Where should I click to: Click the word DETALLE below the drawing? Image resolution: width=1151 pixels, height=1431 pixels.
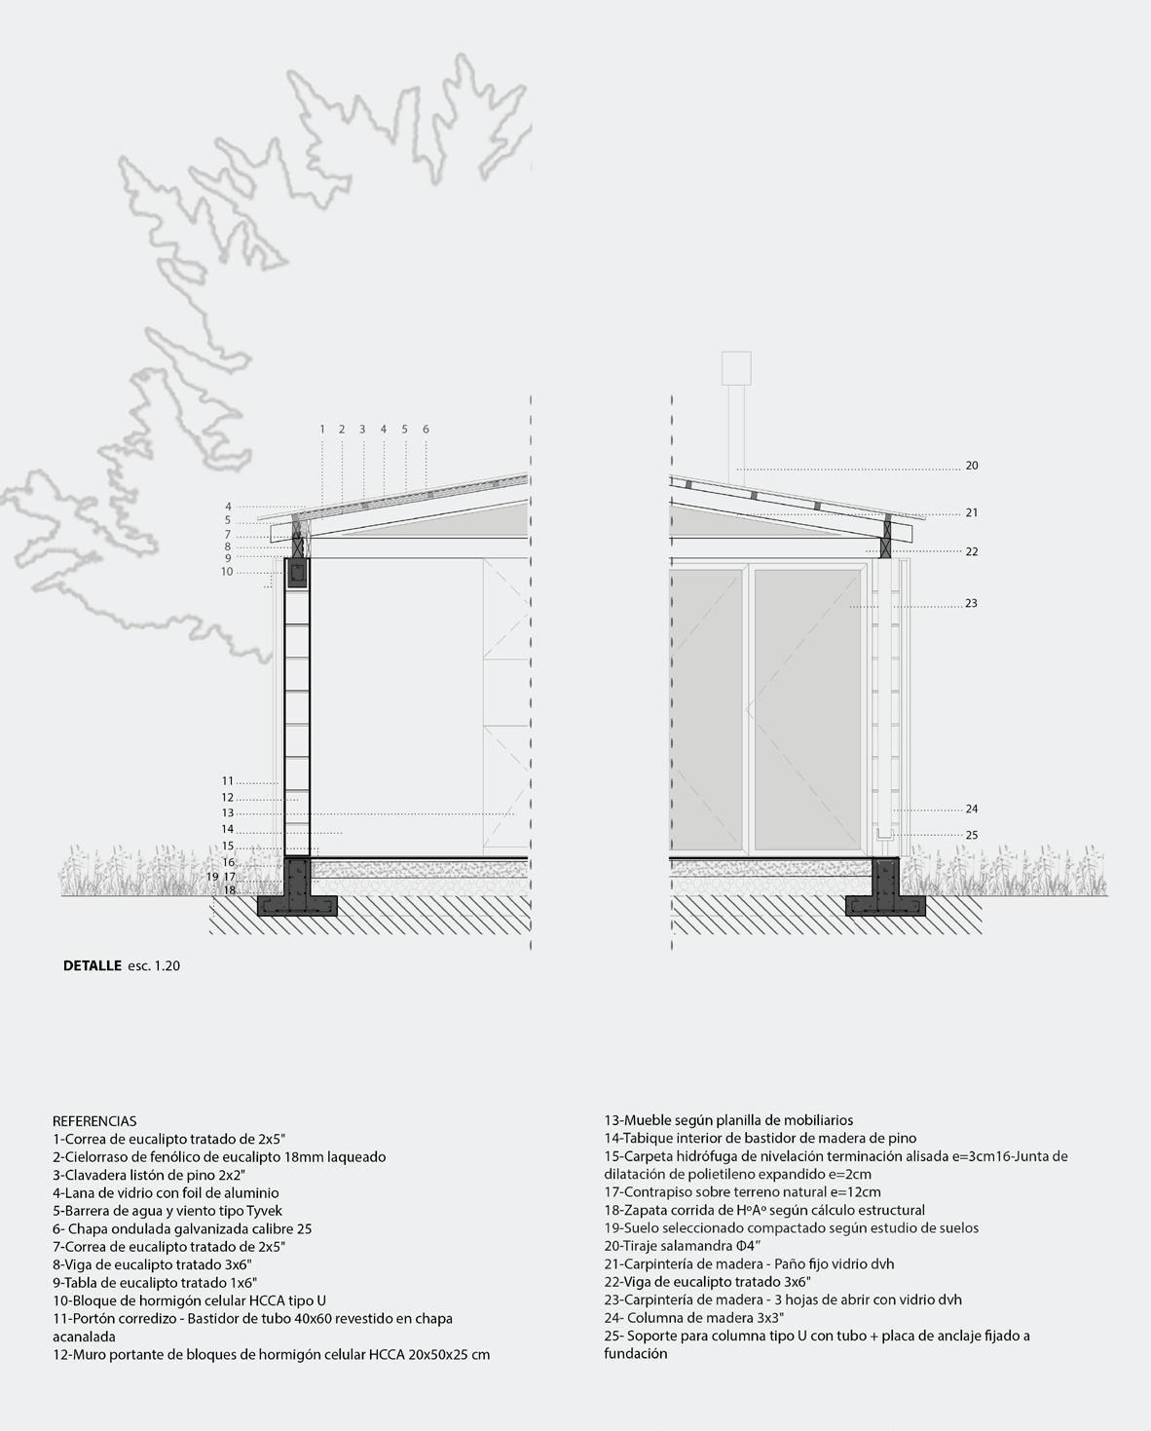tap(93, 966)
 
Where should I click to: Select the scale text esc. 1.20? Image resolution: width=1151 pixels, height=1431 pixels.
tap(154, 966)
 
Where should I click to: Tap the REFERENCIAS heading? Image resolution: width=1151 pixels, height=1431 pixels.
tap(94, 1121)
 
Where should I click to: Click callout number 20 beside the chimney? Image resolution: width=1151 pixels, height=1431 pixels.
tap(971, 467)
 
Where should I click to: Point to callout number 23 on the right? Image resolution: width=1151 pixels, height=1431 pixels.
tap(971, 604)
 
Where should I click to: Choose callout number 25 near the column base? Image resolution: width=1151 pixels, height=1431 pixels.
tap(971, 836)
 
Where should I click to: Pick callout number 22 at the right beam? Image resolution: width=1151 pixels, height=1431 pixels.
tap(971, 552)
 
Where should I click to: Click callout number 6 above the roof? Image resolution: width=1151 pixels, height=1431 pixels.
tap(426, 430)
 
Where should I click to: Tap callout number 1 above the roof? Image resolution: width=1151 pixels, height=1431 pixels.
tap(322, 430)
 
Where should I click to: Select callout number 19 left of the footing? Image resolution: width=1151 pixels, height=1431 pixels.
tap(211, 877)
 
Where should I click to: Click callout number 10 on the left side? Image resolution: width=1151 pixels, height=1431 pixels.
tap(227, 572)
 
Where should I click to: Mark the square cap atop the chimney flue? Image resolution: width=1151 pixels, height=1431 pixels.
tap(736, 368)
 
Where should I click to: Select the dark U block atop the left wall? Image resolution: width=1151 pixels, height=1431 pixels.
tap(297, 572)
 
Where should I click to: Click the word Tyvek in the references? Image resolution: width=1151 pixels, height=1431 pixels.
tap(264, 1211)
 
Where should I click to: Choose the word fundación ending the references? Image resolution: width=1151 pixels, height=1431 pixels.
tap(635, 1353)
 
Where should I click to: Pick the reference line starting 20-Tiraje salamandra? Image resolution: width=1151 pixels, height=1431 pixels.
tap(682, 1246)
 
